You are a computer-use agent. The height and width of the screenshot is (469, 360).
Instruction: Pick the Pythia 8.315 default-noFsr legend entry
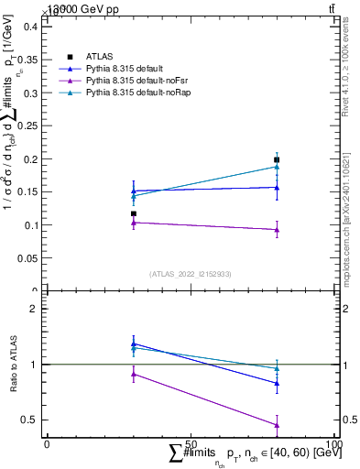[130, 81]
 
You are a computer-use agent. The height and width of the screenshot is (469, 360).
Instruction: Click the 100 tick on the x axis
[334, 443]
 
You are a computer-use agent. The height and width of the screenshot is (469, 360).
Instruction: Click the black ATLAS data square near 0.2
[277, 159]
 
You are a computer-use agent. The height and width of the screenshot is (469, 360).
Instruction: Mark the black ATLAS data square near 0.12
[134, 213]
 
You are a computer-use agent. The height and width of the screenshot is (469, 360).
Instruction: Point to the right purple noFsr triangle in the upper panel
[277, 230]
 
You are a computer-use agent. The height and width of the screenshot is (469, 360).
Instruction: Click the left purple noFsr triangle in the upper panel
[134, 223]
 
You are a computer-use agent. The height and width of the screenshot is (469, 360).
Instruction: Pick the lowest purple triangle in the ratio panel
[277, 424]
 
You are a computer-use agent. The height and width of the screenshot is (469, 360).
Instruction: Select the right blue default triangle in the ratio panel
[277, 383]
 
